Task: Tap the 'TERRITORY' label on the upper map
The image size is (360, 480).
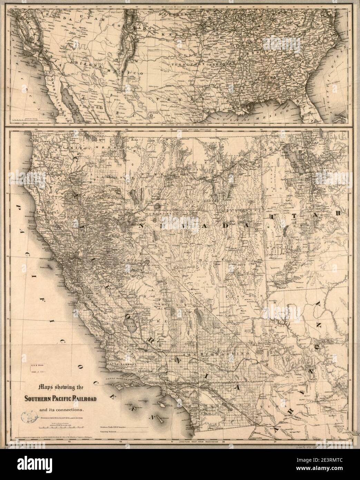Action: (187, 65)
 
